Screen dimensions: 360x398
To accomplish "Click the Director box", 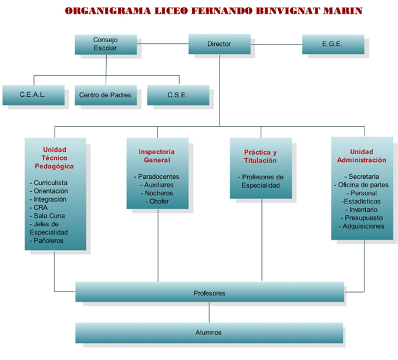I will click(x=219, y=44).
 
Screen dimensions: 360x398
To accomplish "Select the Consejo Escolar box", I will click(x=106, y=44).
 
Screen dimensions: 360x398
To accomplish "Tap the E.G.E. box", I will click(x=333, y=44).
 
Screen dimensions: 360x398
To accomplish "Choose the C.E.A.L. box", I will click(x=33, y=94).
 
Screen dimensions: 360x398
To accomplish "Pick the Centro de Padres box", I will click(x=106, y=94).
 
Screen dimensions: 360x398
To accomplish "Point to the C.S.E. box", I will click(x=178, y=94).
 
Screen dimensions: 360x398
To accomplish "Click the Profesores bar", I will click(x=210, y=293).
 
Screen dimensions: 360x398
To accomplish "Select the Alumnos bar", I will click(x=209, y=332).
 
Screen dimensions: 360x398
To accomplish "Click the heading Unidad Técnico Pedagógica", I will click(x=56, y=158).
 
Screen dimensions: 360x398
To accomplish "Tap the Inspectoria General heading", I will click(x=157, y=156).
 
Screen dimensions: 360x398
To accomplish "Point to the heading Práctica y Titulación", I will click(x=261, y=157).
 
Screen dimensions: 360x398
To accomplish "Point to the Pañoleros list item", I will click(x=49, y=240).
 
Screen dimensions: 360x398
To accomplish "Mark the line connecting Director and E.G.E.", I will click(x=275, y=44).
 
